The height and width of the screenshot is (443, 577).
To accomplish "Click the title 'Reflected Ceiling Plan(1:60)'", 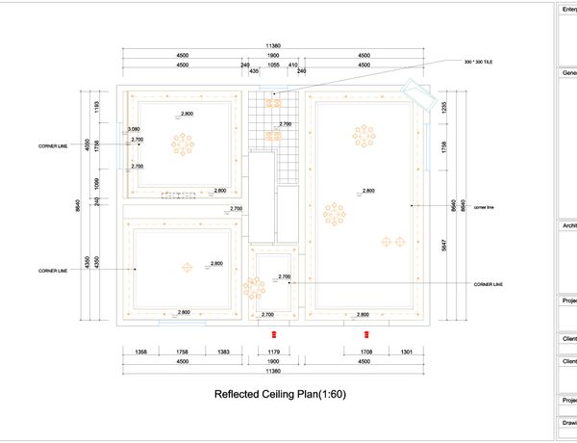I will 279,395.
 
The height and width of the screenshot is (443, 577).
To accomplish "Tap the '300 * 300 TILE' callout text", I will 477,61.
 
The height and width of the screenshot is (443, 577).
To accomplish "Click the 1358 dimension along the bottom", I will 140,352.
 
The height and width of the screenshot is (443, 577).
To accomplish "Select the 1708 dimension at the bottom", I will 365,352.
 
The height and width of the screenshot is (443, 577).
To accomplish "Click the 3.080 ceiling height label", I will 134,128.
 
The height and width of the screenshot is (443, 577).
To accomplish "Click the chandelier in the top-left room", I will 183,144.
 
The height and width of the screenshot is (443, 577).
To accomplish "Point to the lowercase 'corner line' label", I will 483,206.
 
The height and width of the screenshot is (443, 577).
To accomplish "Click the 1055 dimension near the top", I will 273,65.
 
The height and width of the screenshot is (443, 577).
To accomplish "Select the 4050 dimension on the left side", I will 87,144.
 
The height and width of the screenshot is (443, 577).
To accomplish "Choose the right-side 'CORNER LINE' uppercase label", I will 489,285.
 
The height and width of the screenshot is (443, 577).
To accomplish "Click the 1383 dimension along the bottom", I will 223,352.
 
